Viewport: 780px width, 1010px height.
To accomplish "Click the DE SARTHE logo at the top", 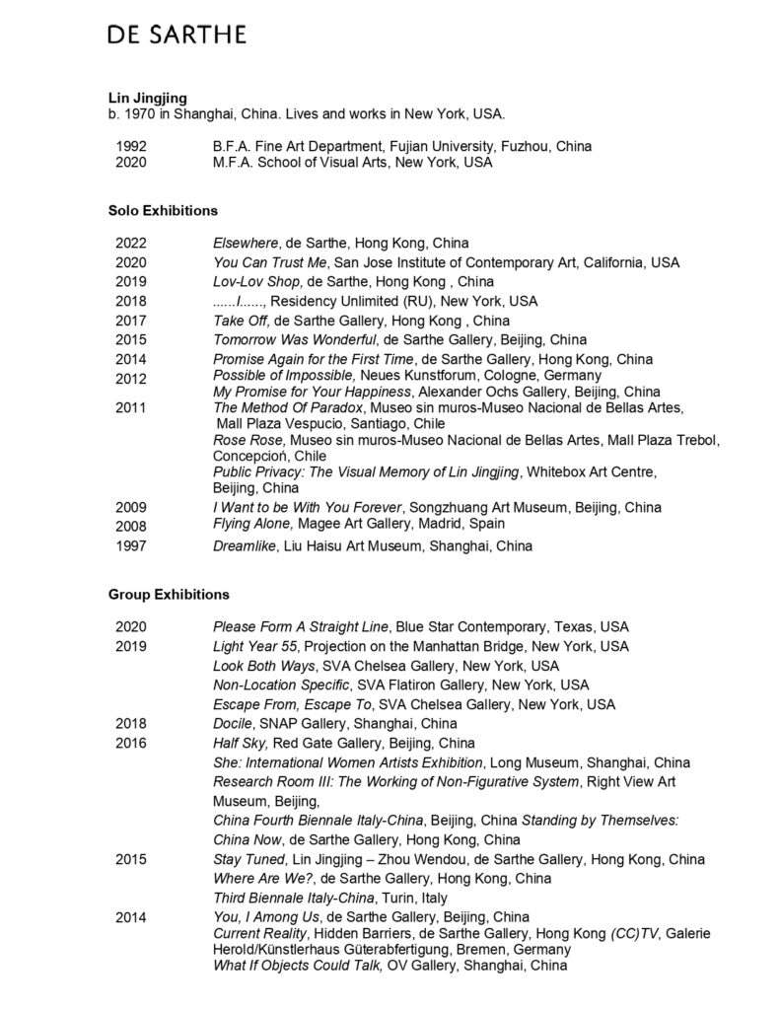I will (x=177, y=36).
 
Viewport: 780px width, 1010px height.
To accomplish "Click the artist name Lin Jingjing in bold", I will (x=146, y=97).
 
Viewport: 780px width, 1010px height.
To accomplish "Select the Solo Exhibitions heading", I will (x=162, y=210).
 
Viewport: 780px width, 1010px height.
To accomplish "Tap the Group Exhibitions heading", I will (x=168, y=595).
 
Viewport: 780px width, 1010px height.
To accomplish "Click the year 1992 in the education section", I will (x=131, y=146).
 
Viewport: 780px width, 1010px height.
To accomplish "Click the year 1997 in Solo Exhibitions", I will (x=131, y=545).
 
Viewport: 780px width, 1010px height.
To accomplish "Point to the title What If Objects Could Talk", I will (x=298, y=966).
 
